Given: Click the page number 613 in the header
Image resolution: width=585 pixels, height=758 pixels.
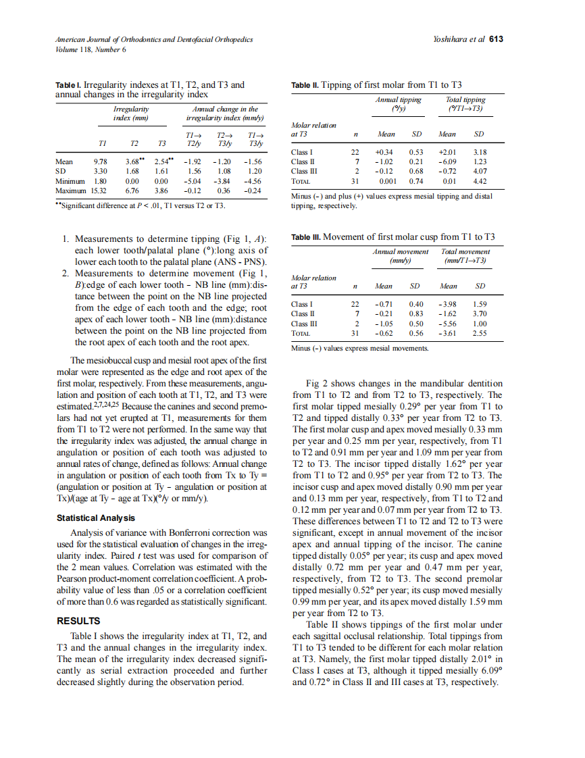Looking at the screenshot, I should pyautogui.click(x=497, y=39).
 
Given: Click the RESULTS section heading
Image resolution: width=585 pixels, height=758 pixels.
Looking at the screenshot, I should pyautogui.click(x=78, y=621).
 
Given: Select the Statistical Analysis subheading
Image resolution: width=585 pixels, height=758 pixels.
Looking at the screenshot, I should pyautogui.click(x=95, y=518).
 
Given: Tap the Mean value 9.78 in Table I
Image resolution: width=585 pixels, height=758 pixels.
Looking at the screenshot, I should pyautogui.click(x=100, y=162).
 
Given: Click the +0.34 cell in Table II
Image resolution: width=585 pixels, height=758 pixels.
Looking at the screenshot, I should pyautogui.click(x=384, y=152).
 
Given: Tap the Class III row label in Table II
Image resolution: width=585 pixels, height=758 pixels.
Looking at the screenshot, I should pyautogui.click(x=302, y=172).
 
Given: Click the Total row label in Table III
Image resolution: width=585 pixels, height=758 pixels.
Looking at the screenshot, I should pyautogui.click(x=300, y=333).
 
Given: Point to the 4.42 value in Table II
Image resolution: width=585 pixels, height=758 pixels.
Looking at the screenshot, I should pyautogui.click(x=480, y=181).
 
